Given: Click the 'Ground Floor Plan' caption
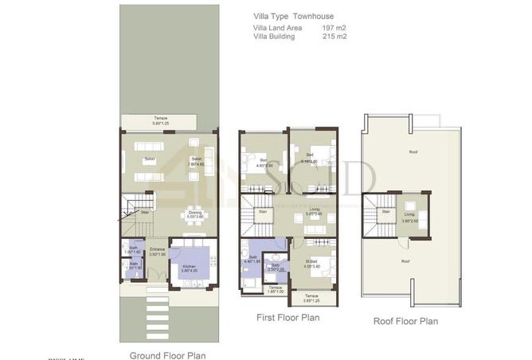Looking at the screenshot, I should [x=167, y=355].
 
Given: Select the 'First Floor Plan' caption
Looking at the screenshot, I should [x=288, y=318].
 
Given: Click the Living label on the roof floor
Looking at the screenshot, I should [x=409, y=213].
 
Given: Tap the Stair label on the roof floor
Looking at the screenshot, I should [x=385, y=212].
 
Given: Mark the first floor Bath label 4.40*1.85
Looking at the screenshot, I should [x=252, y=259].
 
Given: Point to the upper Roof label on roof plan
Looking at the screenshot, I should [x=413, y=151].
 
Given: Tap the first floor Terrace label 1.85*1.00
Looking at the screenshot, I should [x=275, y=289].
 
